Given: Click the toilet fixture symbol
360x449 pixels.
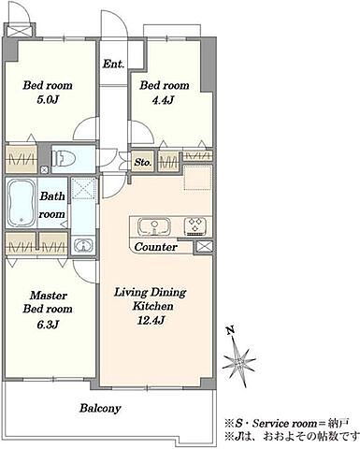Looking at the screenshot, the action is tap(65, 159).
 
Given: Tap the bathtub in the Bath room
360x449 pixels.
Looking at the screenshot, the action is tap(22, 203).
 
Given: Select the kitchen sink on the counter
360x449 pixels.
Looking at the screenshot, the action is tap(154, 226).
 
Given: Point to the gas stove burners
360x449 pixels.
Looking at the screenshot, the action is tap(195, 225).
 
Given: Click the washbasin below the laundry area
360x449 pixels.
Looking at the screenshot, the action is tap(82, 245).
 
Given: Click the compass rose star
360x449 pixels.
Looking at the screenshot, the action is tap(239, 363).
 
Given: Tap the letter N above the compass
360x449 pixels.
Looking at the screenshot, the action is tap(231, 330).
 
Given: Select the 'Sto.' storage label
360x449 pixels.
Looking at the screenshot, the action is tap(143, 162).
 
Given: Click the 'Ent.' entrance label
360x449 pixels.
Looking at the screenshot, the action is tap(114, 64).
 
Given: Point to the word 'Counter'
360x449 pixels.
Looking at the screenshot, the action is tap(155, 247).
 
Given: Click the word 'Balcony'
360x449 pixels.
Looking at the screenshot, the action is tap(100, 409).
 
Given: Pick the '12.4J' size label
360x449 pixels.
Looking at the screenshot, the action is tap(151, 320).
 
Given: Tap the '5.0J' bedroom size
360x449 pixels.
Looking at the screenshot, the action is tap(48, 100).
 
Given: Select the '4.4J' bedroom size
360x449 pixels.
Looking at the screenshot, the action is tap(163, 100).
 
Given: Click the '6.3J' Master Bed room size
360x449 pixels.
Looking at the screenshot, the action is tap(48, 325).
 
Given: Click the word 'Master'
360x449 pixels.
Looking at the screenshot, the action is tap(49, 296).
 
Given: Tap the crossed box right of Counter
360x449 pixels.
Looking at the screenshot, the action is tap(204, 247).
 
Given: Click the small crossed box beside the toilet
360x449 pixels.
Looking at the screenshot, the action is tap(45, 170).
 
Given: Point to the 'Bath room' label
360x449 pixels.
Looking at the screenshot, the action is tap(52, 205).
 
